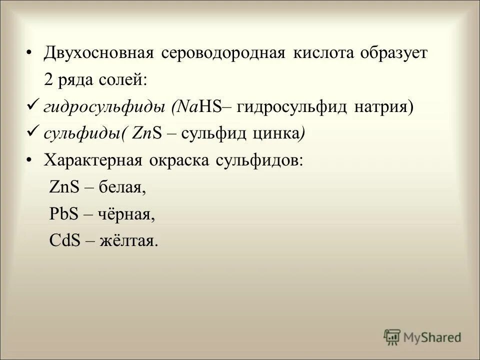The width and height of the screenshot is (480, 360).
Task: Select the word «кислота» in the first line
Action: [x=319, y=53]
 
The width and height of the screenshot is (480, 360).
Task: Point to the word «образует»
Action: [x=392, y=53]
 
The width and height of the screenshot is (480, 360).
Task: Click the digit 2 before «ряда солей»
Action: [x=48, y=80]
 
